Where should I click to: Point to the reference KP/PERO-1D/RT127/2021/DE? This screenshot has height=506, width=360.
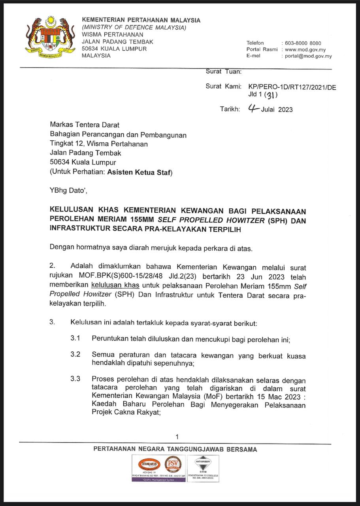(x=292, y=88)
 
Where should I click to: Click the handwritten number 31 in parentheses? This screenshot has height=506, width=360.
(x=271, y=95)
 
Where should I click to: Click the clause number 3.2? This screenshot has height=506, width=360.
(x=75, y=354)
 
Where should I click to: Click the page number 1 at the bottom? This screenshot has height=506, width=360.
(x=177, y=436)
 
